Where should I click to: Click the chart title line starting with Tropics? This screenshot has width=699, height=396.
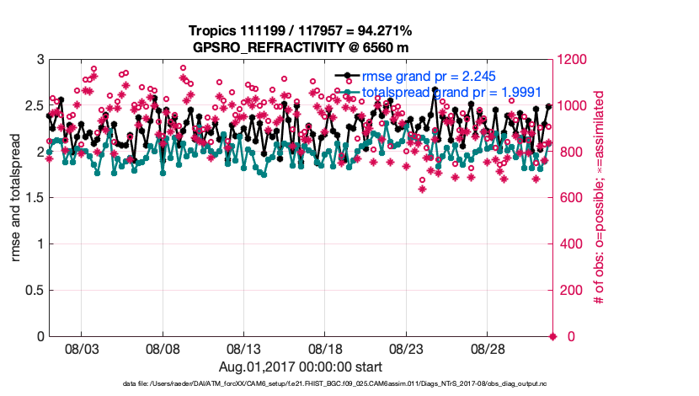point(301,31)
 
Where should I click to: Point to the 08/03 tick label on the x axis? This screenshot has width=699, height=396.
point(82,349)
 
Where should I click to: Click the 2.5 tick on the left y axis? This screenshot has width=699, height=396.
point(32,106)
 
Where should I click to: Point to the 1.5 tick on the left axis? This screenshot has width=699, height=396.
point(32,198)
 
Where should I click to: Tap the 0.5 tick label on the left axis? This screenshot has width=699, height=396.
point(32,291)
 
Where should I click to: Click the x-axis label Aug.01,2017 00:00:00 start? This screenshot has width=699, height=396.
point(301,367)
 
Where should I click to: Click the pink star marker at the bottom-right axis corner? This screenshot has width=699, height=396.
point(552,337)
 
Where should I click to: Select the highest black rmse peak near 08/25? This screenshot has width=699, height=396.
point(435,88)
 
